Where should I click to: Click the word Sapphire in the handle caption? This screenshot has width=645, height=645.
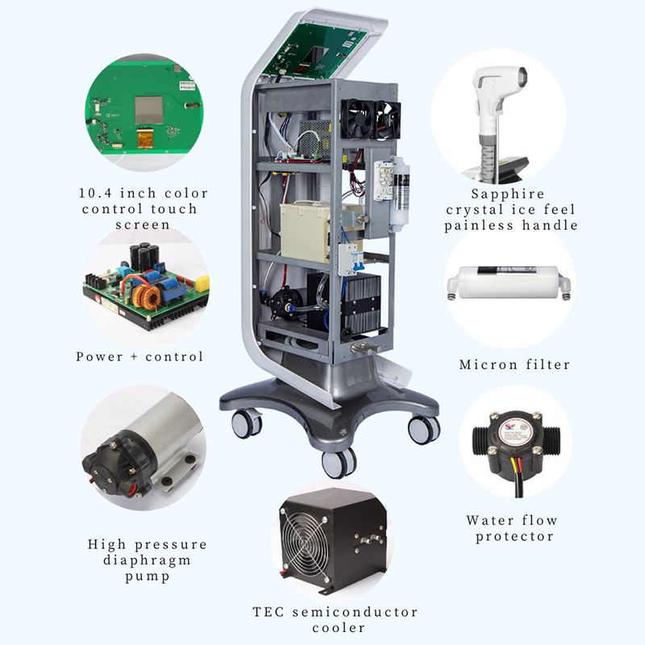tap(508, 193)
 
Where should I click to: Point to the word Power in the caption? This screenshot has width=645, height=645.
tap(99, 356)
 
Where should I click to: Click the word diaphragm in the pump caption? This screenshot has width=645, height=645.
tap(147, 561)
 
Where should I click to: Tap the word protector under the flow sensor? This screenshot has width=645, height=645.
tap(514, 537)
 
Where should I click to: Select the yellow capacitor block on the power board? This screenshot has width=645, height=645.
tap(202, 284)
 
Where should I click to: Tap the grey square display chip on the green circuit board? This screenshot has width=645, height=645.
tap(149, 110)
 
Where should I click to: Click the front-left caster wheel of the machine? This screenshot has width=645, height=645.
tap(247, 424)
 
